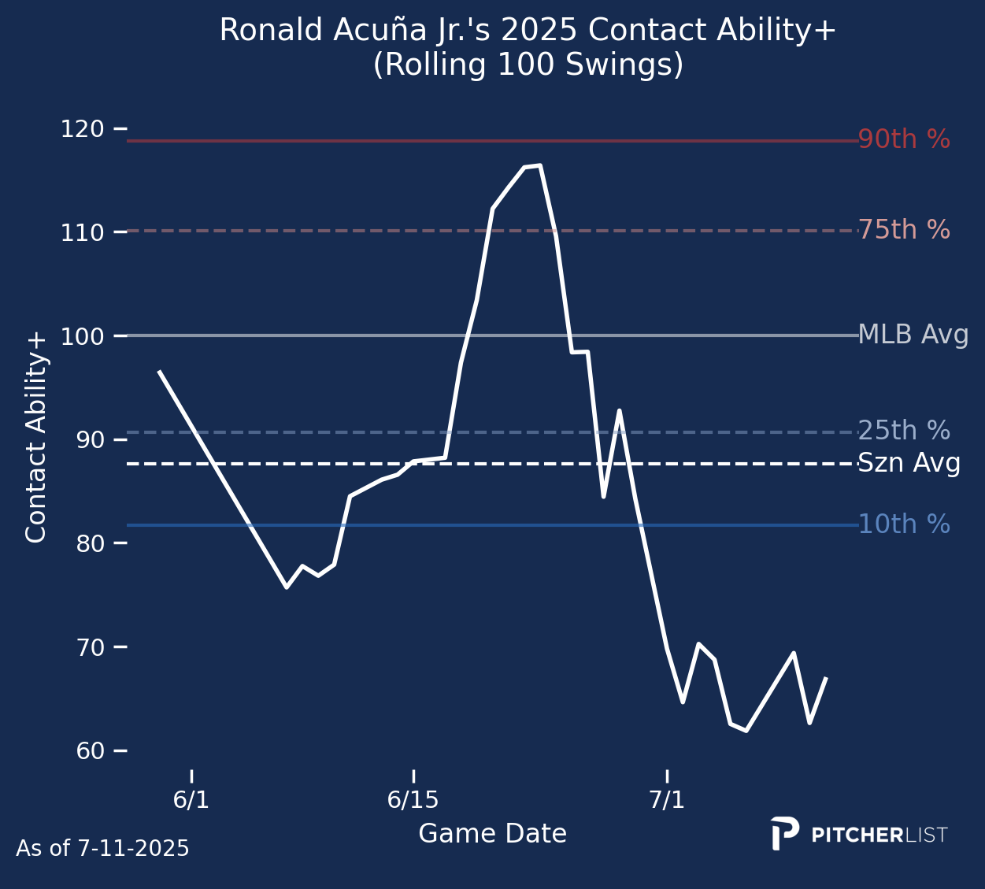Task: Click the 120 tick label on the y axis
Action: (x=82, y=129)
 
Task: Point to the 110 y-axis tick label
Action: (x=82, y=233)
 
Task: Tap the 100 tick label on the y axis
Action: (x=82, y=336)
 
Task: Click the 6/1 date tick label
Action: (x=191, y=800)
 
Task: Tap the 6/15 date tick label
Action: (x=413, y=800)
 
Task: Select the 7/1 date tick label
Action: (x=667, y=800)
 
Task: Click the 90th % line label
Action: (x=904, y=140)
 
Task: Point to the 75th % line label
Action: (x=904, y=231)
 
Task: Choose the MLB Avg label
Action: (x=913, y=335)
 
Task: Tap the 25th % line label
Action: (x=904, y=432)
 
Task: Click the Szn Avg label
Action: (x=909, y=464)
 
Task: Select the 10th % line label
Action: (x=904, y=524)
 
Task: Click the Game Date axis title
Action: (x=492, y=834)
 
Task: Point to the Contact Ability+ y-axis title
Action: (x=36, y=438)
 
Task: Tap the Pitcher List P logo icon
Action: (x=784, y=833)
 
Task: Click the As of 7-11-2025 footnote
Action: (x=102, y=849)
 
